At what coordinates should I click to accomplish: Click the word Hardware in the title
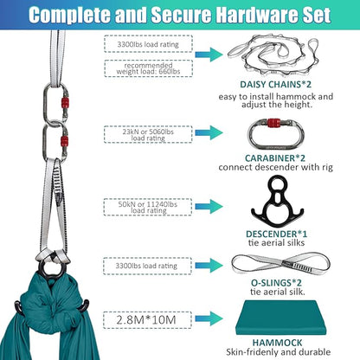218,15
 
